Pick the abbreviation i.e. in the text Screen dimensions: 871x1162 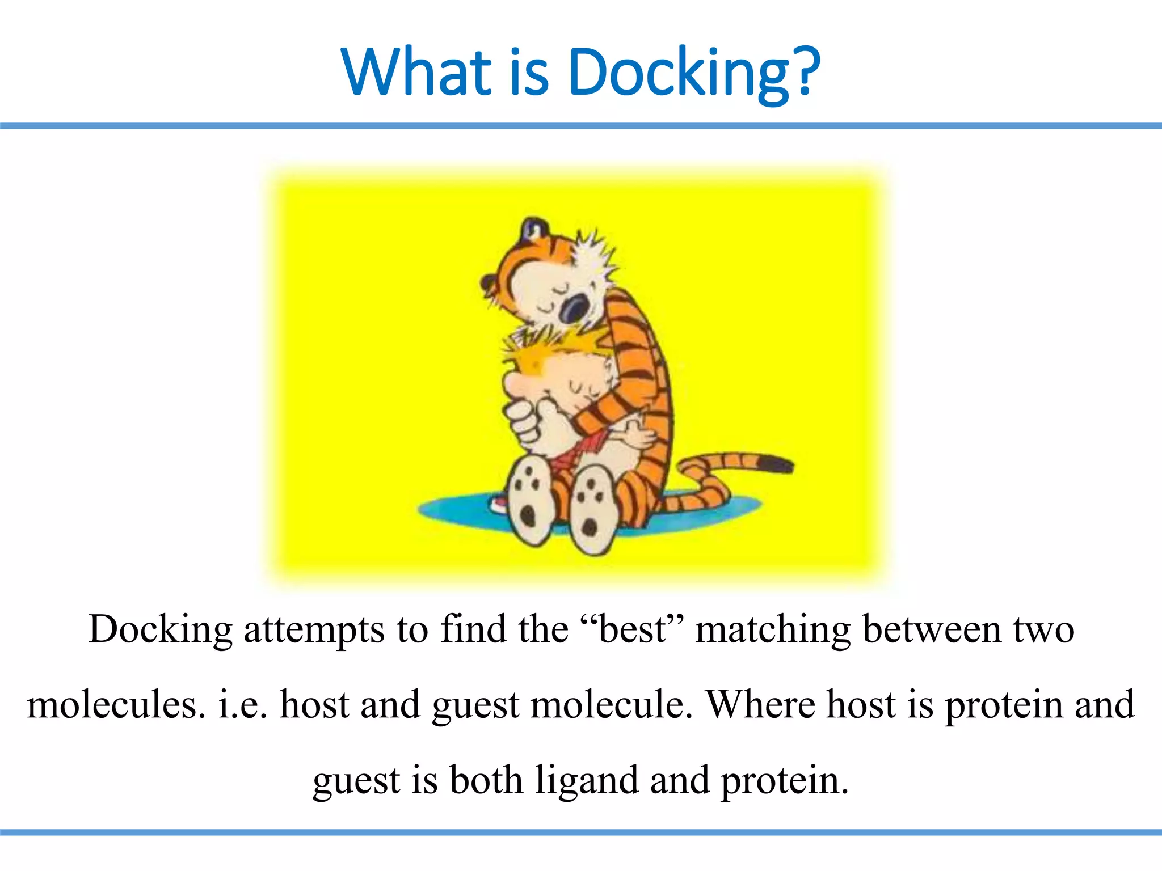point(242,705)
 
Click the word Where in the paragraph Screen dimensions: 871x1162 point(760,705)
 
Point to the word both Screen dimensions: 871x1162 point(486,780)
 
